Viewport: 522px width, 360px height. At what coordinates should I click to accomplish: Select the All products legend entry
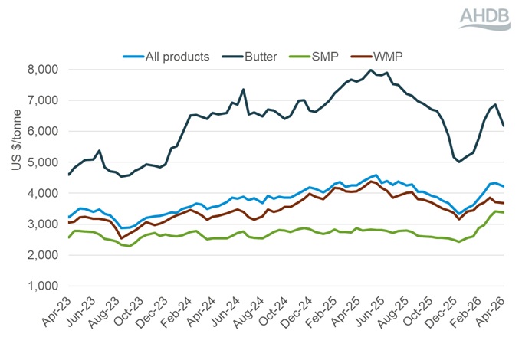point(177,57)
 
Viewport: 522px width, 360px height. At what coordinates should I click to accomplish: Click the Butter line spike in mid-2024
point(243,90)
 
